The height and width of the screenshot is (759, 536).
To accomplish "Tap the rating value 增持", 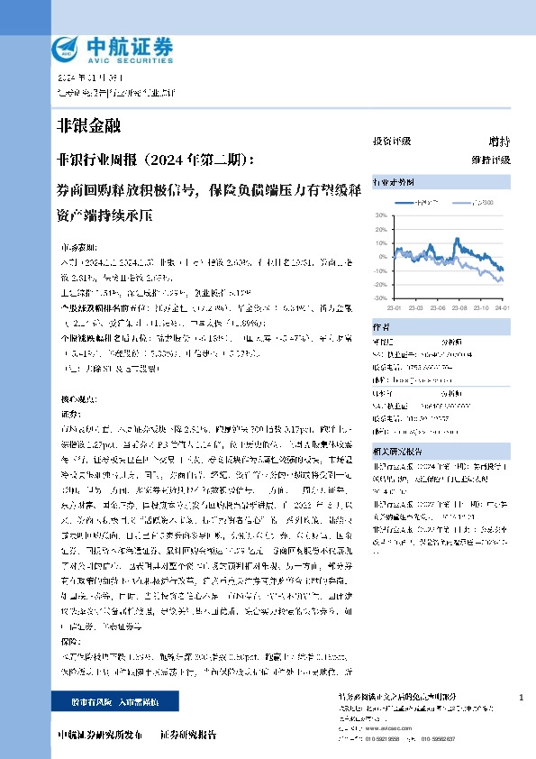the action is point(498,142).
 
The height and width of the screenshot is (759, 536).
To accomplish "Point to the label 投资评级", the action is point(391,142).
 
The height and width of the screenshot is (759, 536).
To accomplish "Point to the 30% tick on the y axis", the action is point(380,215).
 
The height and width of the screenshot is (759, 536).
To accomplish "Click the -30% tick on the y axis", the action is point(379,297).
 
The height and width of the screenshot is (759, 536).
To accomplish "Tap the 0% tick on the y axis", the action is point(382,257).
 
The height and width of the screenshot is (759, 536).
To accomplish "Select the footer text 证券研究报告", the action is point(187,735).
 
